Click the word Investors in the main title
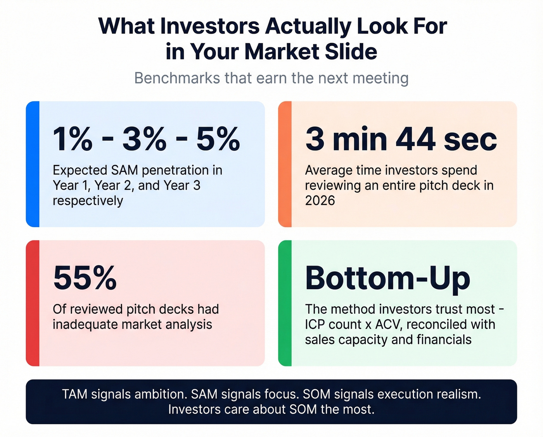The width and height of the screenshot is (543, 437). [x=209, y=26]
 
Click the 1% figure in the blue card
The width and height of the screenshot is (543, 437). [x=73, y=139]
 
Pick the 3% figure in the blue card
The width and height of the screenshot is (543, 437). [x=144, y=139]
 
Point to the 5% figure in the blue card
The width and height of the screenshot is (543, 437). [x=218, y=139]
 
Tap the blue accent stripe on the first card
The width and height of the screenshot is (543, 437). [x=33, y=164]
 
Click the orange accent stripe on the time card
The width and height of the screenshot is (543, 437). [x=285, y=164]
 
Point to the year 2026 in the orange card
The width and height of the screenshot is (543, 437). [x=320, y=200]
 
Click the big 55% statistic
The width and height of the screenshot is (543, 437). [x=85, y=278]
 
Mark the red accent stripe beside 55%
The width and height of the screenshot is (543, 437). [x=33, y=303]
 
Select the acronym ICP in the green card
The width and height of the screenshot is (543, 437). [x=315, y=324]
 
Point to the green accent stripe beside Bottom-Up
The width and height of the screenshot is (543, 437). [x=285, y=303]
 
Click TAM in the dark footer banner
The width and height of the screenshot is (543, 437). [x=75, y=394]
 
